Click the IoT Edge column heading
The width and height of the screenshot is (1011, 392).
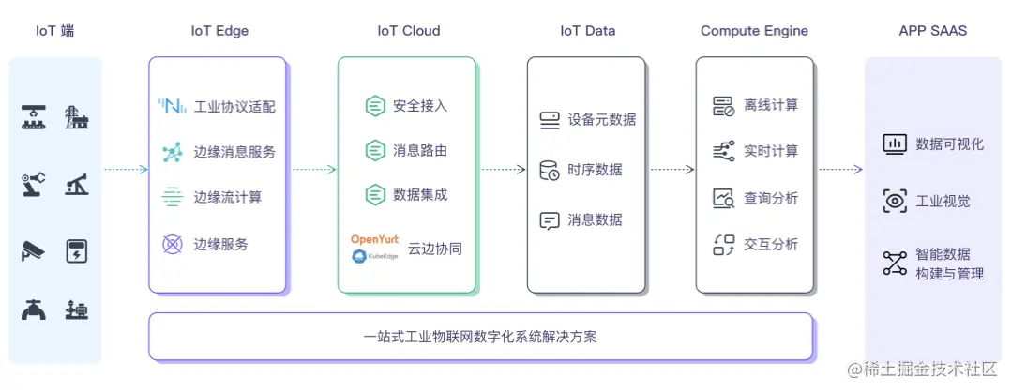pyautogui.click(x=219, y=30)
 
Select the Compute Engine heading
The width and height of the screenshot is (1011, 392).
pyautogui.click(x=753, y=30)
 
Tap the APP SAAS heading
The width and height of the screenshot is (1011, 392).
pyautogui.click(x=932, y=30)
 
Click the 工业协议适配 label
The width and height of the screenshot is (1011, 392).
pyautogui.click(x=234, y=106)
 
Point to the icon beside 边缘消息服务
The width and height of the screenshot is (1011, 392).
pyautogui.click(x=173, y=152)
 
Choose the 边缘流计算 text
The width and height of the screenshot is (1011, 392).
pyautogui.click(x=228, y=197)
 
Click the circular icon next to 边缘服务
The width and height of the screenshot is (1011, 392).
pyautogui.click(x=173, y=244)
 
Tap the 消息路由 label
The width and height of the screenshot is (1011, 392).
pyautogui.click(x=420, y=150)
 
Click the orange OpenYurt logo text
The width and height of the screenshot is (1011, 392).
pyautogui.click(x=374, y=239)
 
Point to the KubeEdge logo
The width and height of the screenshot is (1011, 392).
pyautogui.click(x=374, y=254)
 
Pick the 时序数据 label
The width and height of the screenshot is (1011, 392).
pyautogui.click(x=595, y=170)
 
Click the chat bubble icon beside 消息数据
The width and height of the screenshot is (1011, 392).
pyautogui.click(x=550, y=220)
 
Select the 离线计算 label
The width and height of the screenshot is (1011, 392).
pyautogui.click(x=771, y=105)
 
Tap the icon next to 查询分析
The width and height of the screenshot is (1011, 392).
pyautogui.click(x=723, y=198)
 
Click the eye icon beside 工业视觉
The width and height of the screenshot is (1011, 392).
pyautogui.click(x=895, y=200)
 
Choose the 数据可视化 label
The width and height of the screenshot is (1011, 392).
pyautogui.click(x=950, y=144)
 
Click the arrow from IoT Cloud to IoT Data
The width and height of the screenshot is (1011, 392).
pyautogui.click(x=503, y=170)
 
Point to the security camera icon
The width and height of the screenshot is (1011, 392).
pyautogui.click(x=33, y=251)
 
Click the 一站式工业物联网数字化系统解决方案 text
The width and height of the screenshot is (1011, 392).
pyautogui.click(x=480, y=336)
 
